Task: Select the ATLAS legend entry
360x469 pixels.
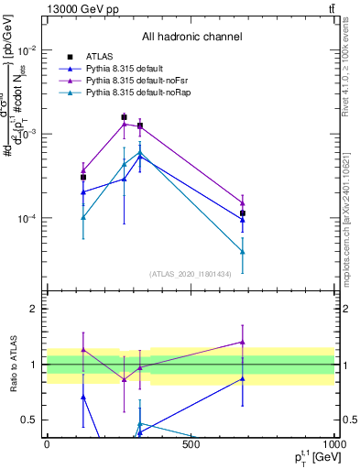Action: (99, 56)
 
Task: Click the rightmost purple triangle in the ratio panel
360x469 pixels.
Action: (243, 342)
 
